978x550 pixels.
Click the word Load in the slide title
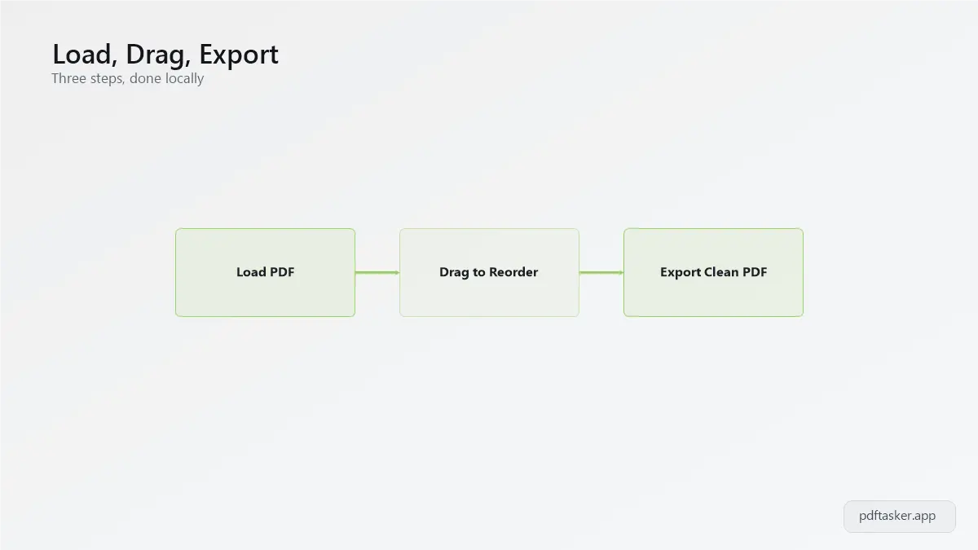(81, 54)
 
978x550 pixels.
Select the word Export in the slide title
(239, 55)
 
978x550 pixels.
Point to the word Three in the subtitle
(68, 78)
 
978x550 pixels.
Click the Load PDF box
(265, 272)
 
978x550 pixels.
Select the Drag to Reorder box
(489, 272)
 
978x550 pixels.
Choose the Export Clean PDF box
(713, 272)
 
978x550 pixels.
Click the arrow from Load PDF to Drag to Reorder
(377, 273)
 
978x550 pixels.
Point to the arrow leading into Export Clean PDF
(601, 273)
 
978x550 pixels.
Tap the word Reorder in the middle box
(513, 272)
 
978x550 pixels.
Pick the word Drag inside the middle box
(454, 273)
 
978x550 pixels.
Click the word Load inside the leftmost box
(252, 272)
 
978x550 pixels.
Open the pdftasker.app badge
(900, 517)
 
